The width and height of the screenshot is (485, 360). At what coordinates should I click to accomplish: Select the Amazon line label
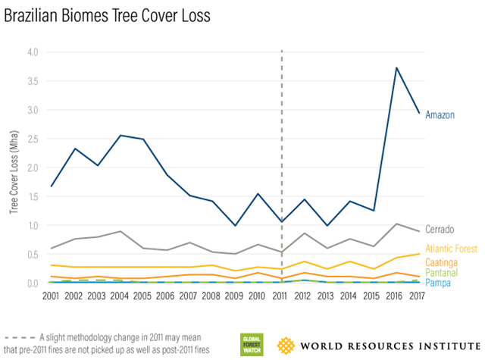point(440,115)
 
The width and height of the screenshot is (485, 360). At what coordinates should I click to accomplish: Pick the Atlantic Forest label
point(452,249)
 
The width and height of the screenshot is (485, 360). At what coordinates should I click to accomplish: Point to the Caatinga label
point(442,261)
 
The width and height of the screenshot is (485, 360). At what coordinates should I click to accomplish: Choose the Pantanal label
point(442,272)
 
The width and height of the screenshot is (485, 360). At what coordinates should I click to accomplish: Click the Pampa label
point(439,283)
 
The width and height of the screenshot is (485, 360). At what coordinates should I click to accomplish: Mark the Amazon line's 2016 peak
point(397,68)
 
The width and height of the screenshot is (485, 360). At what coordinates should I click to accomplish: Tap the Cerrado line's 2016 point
point(397,224)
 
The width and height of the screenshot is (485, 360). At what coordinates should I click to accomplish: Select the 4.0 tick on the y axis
point(33,52)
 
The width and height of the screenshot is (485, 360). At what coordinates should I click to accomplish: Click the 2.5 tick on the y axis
point(33,139)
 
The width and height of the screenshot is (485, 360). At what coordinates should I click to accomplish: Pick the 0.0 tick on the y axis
point(33,283)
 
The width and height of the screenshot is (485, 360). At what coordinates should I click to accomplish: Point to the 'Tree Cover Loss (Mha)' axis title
point(14,167)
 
